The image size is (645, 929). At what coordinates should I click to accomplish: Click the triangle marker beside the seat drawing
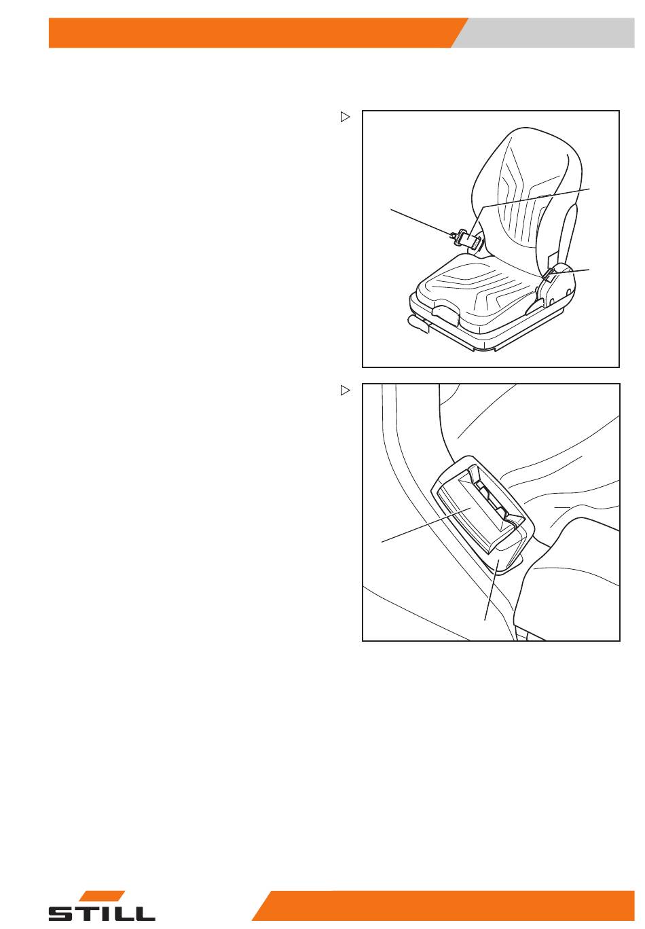pos(345,117)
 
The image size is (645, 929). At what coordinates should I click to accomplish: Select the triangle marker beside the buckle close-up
pos(345,390)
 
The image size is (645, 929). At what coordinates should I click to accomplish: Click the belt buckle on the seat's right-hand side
pos(551,274)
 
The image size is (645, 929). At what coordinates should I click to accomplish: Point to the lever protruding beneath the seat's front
pos(420,323)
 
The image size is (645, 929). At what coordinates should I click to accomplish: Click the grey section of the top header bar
pos(547,33)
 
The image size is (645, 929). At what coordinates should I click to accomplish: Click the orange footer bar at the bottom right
pos(443,905)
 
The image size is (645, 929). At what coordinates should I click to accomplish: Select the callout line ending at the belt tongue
pos(421,222)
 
